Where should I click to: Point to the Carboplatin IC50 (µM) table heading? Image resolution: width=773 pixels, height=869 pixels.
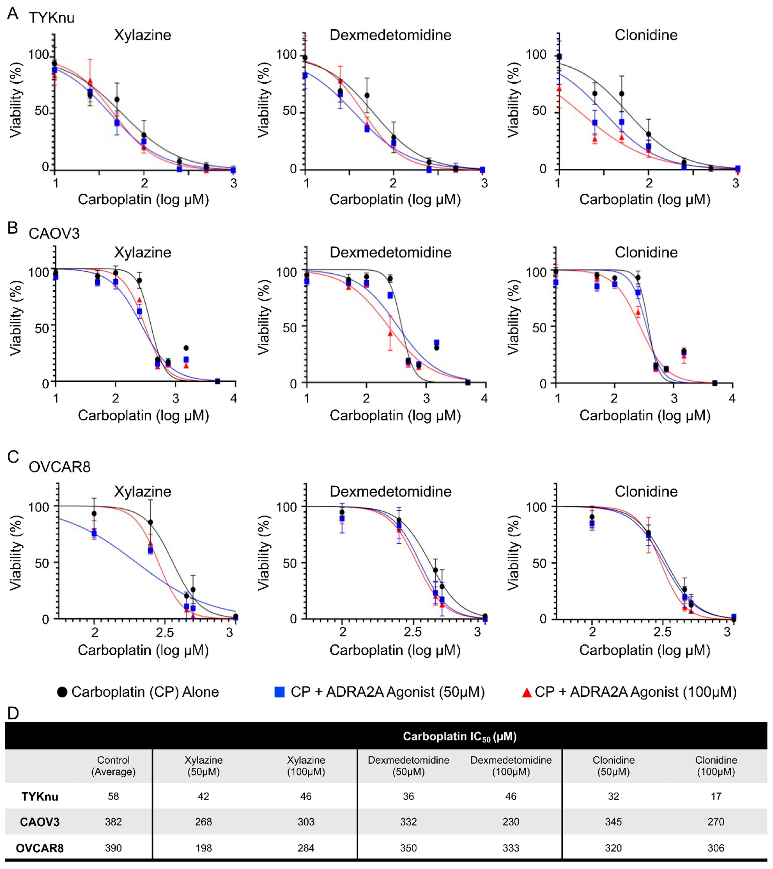(x=459, y=736)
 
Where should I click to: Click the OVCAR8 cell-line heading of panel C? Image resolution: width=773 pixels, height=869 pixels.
(x=60, y=467)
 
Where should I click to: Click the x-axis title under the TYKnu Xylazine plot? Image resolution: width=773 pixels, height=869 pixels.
(x=143, y=199)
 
